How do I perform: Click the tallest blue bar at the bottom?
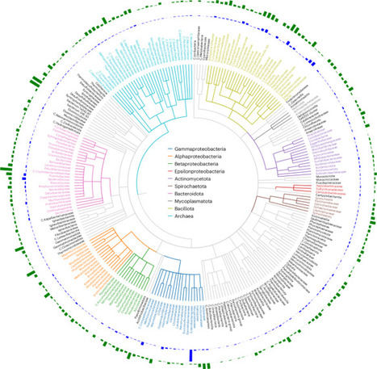tap(191, 357)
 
